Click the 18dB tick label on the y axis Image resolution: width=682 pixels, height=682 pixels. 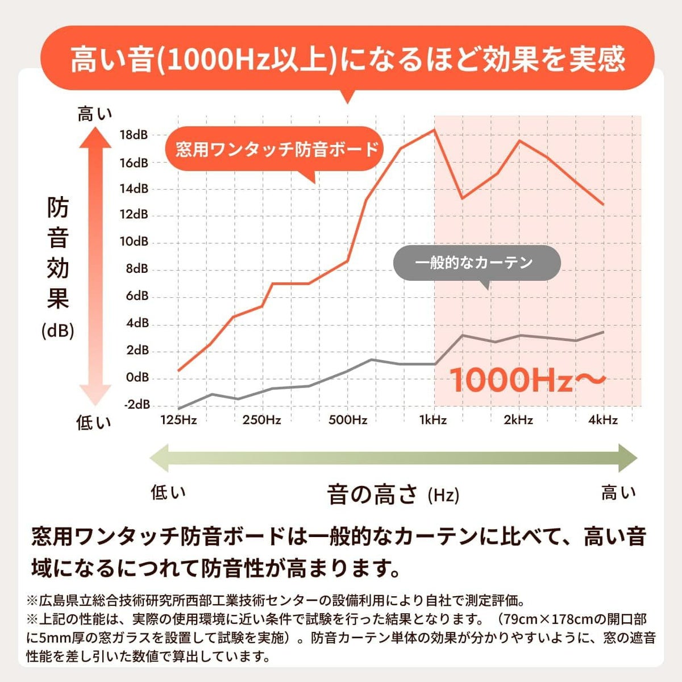pos(134,135)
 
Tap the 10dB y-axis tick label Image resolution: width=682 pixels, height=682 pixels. pos(134,242)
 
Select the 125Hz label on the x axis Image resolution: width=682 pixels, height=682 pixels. pos(178,421)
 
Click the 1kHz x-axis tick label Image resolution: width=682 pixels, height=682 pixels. pos(433,421)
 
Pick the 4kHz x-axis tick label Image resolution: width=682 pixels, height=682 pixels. pos(603,421)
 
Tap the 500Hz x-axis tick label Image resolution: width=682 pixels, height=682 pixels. pos(348,421)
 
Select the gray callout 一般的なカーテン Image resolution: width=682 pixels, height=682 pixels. pos(474,263)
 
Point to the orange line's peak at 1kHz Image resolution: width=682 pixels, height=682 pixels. pos(434,130)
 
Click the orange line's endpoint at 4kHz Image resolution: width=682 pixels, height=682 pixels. pos(604,204)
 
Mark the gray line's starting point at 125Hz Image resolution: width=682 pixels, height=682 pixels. pos(178,409)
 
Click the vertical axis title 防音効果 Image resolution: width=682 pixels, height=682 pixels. pos(58,253)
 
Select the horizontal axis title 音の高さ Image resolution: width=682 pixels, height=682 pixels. pos(372,494)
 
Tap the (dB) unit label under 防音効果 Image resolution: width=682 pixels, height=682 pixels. pos(58,331)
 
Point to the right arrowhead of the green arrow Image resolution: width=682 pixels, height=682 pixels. pos(627,458)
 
